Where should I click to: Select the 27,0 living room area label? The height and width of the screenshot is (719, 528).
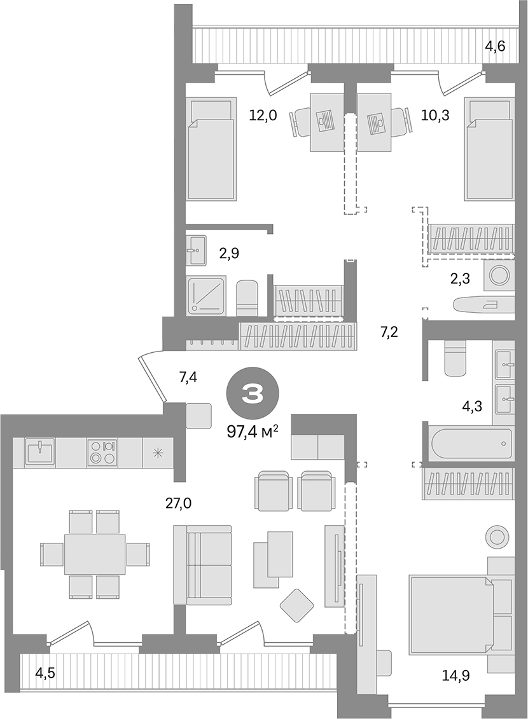tap(178, 504)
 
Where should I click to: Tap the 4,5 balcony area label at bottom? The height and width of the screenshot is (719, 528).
tap(46, 672)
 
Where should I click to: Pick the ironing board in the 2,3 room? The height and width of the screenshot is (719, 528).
tap(484, 305)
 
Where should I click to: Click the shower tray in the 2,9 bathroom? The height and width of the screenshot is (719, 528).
tap(207, 295)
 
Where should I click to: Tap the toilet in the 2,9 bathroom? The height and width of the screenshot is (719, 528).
tap(247, 298)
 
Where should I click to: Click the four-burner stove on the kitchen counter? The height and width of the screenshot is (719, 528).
tap(102, 452)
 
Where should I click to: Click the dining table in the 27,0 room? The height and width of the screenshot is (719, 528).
tap(95, 554)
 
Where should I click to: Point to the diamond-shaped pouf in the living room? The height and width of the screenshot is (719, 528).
tap(296, 605)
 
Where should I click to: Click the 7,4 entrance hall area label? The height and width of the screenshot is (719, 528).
tap(188, 378)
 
